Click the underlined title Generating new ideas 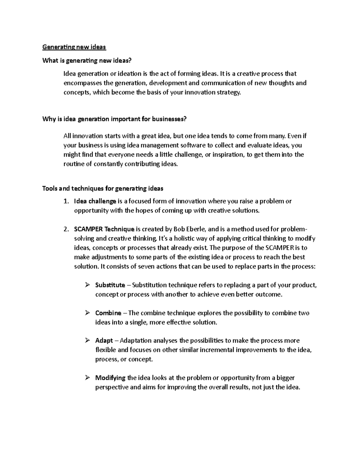[x=74, y=47]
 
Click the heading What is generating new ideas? [x=87, y=61]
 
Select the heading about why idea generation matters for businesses [x=114, y=119]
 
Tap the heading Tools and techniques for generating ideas [x=103, y=188]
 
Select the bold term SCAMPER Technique [x=104, y=230]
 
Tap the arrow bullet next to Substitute [x=87, y=285]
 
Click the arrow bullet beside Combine [x=87, y=313]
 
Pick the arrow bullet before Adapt [x=87, y=341]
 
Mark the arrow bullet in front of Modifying [x=87, y=377]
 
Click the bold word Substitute [x=110, y=285]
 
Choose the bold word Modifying [x=110, y=378]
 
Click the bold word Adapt [x=104, y=341]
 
